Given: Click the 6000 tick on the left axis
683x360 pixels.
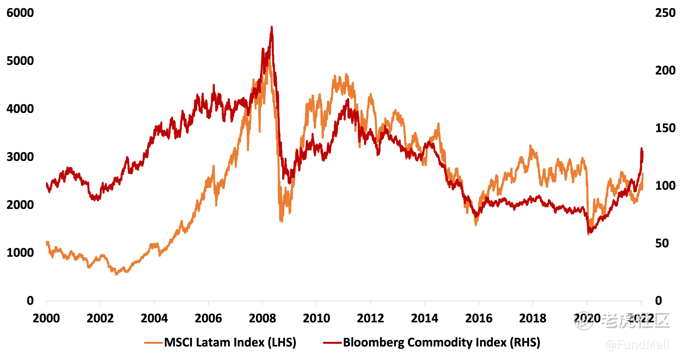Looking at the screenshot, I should click(x=20, y=13).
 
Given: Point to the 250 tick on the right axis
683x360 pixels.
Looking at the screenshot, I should click(x=665, y=13).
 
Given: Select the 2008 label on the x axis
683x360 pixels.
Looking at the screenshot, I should click(x=262, y=318).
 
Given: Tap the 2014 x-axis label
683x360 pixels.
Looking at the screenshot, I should click(x=424, y=318).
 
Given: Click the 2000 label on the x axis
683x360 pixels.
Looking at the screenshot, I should click(x=46, y=318).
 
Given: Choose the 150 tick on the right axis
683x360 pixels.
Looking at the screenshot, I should click(x=665, y=128).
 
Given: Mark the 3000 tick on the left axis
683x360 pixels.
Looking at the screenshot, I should click(x=20, y=157).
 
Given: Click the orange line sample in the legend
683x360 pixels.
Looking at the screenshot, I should click(x=153, y=343).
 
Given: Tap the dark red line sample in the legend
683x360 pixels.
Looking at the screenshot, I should click(x=332, y=343).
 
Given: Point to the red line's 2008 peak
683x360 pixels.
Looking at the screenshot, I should click(x=271, y=27).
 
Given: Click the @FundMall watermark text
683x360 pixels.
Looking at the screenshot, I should click(x=637, y=345).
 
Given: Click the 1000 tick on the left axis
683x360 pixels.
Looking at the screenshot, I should click(x=20, y=253).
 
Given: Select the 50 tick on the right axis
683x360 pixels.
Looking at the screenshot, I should click(x=662, y=243).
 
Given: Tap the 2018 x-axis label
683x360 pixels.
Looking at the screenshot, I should click(x=533, y=318).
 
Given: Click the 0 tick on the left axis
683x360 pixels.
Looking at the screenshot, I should click(x=30, y=301).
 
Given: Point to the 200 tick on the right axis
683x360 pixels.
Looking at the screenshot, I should click(x=665, y=71).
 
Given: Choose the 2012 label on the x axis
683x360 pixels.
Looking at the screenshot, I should click(x=370, y=318).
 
